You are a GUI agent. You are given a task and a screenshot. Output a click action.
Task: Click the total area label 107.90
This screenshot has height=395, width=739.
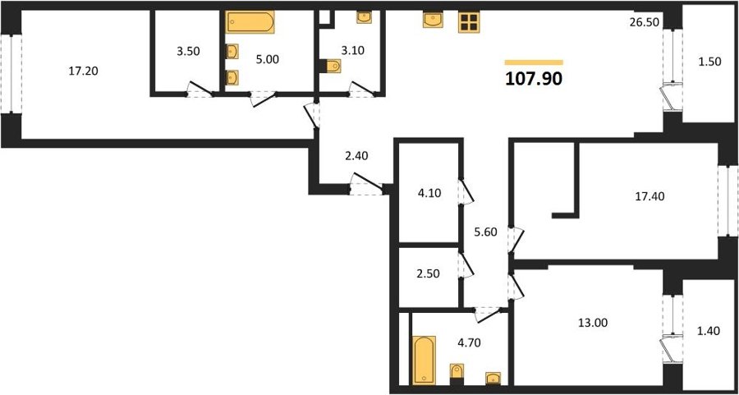tap(534, 79)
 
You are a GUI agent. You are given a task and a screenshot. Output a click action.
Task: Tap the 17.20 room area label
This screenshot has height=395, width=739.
tap(83, 71)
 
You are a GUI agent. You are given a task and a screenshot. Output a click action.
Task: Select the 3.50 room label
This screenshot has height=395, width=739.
tap(188, 52)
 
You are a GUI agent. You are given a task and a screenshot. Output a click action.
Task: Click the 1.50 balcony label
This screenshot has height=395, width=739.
tap(709, 62)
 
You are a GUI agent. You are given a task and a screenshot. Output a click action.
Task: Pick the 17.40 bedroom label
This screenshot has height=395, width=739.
tap(650, 197)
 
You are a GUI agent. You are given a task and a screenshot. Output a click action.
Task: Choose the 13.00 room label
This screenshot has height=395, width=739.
tap(593, 323)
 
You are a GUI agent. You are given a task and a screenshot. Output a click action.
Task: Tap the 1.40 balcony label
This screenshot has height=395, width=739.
tap(709, 332)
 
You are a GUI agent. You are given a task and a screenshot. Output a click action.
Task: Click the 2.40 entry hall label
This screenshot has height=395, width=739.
tap(357, 156)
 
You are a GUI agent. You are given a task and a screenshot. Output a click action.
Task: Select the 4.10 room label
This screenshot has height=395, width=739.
tap(429, 193)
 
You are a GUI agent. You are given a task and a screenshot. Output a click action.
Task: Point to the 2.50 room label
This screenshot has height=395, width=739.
tap(428, 273)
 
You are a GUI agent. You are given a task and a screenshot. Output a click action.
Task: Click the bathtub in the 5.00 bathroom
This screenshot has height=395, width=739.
tap(250, 22)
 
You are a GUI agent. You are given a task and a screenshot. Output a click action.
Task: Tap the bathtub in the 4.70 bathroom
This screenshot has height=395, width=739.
tap(425, 360)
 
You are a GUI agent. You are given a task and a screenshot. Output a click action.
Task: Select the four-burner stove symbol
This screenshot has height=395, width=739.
tap(469, 22)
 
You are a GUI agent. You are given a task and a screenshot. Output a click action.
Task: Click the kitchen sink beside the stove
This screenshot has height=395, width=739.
tap(433, 21)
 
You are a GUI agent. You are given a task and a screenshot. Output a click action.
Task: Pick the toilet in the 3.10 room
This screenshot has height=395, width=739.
tap(333, 66)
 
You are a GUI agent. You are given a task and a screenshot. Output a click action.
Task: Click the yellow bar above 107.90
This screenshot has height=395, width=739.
tap(534, 62)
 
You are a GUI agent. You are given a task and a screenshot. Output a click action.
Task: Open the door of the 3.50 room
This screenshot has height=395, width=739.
tap(200, 89)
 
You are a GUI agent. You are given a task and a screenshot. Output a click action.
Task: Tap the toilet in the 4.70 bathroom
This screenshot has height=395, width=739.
tap(457, 371)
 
